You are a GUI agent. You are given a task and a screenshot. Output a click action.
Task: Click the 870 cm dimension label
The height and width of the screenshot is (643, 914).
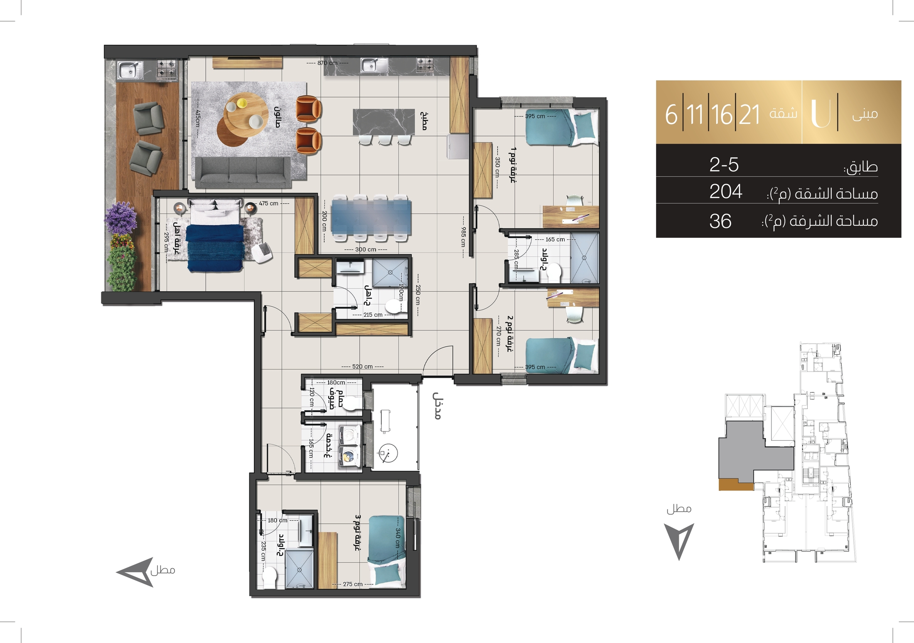(327, 63)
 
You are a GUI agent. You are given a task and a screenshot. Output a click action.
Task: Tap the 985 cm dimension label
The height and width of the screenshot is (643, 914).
(463, 237)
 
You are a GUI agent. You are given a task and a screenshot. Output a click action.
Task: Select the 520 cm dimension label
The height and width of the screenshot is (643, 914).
(362, 367)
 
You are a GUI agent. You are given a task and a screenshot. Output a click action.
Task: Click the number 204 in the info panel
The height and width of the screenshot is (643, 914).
(726, 192)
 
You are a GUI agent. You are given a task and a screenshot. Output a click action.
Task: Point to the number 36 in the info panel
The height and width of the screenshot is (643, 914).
(720, 221)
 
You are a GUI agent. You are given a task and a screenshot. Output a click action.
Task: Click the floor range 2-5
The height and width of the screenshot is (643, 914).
(724, 165)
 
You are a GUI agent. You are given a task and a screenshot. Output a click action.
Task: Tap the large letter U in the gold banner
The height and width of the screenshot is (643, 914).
(821, 112)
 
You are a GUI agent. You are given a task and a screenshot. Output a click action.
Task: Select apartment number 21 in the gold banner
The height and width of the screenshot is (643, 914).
(749, 114)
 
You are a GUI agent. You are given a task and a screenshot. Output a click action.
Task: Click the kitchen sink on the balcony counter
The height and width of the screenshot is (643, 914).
(130, 70)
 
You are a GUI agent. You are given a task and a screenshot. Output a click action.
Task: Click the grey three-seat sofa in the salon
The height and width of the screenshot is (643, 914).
(243, 172)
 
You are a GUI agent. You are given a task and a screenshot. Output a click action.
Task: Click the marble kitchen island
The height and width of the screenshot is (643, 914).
(384, 122)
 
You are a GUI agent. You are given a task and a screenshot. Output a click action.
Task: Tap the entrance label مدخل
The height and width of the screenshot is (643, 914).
(437, 406)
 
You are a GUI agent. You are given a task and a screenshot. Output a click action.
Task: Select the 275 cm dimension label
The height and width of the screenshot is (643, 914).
(353, 584)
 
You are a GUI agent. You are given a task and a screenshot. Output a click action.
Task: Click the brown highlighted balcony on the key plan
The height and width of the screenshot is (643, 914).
(736, 485)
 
